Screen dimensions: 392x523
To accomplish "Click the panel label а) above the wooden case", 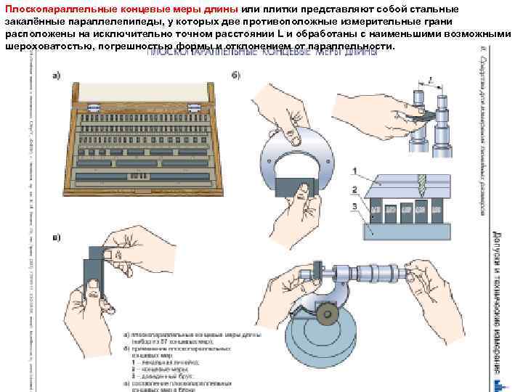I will pos(57,75).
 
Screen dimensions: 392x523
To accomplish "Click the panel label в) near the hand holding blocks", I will pos(57,237).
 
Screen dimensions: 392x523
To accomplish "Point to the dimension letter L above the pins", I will pos(431,81).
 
